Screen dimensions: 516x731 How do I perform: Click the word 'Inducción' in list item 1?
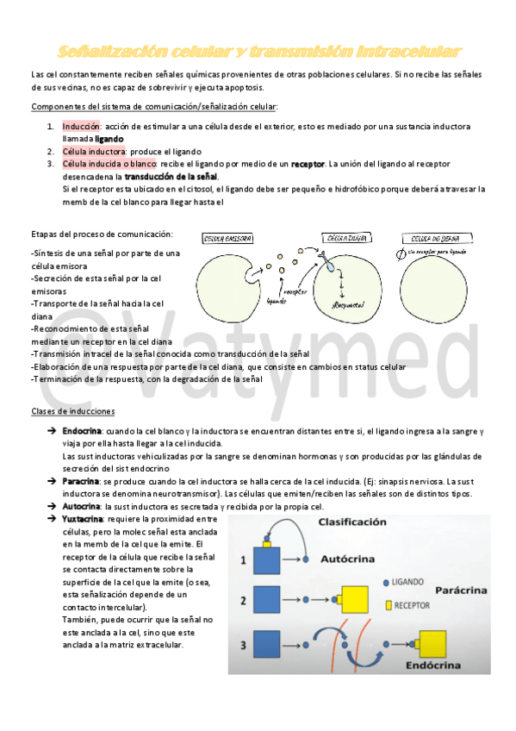point(82,127)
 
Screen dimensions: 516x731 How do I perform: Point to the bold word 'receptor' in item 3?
point(308,163)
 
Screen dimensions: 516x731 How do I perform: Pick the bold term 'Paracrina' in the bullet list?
point(80,480)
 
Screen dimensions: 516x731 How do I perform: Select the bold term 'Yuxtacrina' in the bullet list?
point(83,519)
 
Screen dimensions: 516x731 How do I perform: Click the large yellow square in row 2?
point(356,600)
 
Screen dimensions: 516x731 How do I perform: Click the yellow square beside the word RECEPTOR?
point(389,605)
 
